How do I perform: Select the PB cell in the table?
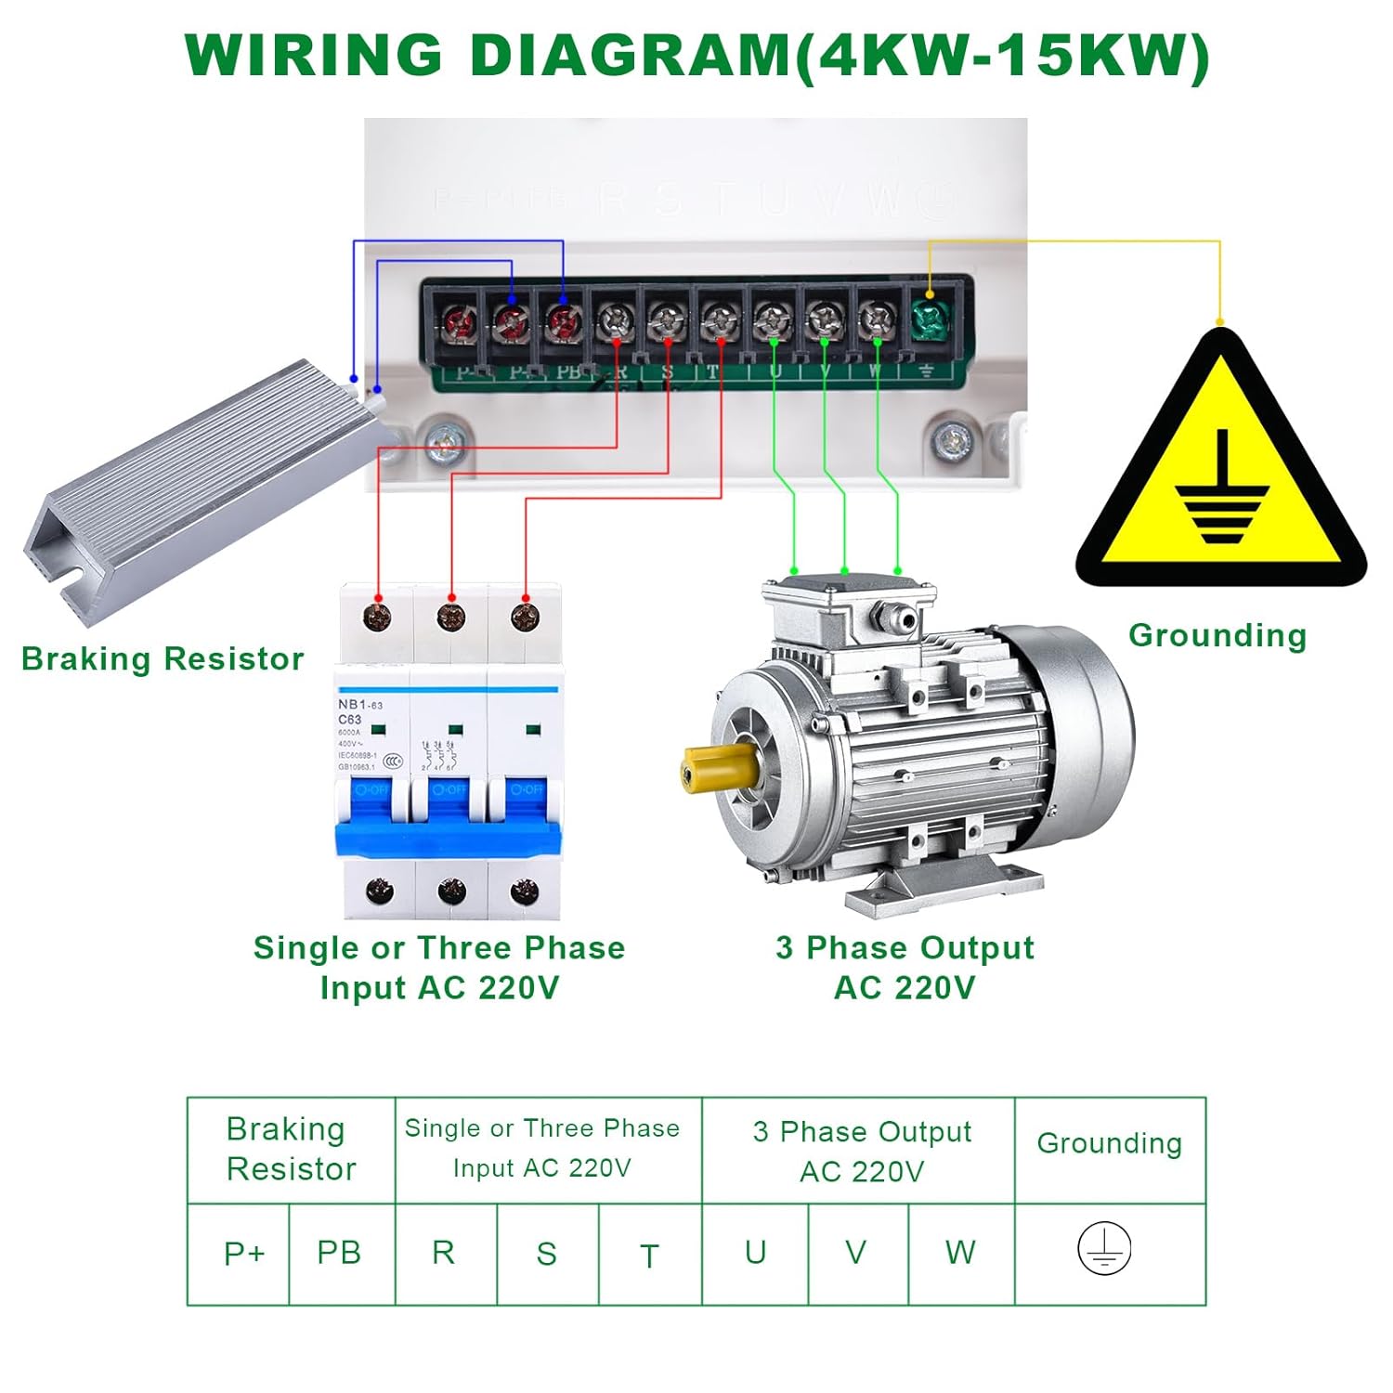tap(339, 1253)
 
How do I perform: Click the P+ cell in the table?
tap(243, 1254)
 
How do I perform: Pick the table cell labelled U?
tap(755, 1253)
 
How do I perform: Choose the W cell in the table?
tap(960, 1253)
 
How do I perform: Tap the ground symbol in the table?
tap(1104, 1248)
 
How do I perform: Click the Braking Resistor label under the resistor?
tap(163, 658)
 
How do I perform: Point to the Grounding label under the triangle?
tap(1217, 635)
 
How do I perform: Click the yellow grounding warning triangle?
tap(1221, 474)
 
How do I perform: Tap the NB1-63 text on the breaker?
tap(360, 705)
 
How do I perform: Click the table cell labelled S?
tap(546, 1254)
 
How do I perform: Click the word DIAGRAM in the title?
tap(631, 56)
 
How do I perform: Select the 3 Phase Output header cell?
tap(861, 1150)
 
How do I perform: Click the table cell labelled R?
tap(444, 1253)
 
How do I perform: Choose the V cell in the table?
tap(856, 1253)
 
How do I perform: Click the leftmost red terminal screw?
tap(460, 324)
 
